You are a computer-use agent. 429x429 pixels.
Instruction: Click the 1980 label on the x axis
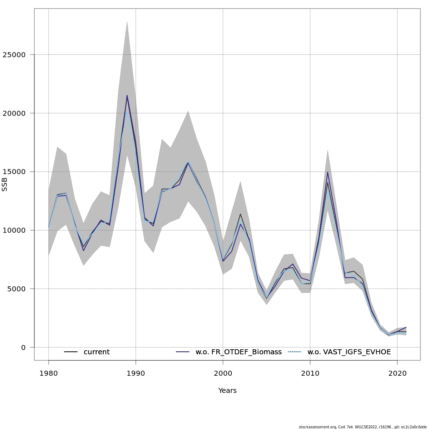[49, 374]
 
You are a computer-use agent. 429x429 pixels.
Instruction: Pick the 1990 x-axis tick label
[136, 374]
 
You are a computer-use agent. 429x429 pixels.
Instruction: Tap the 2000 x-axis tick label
[223, 374]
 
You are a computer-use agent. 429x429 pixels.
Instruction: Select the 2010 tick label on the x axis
[310, 374]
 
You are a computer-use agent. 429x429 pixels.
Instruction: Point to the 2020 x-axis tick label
[397, 374]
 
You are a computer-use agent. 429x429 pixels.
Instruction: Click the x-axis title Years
[227, 391]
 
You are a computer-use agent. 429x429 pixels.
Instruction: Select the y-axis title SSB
[5, 184]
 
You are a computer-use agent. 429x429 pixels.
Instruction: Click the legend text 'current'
[97, 352]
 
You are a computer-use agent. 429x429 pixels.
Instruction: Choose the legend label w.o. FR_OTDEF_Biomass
[238, 352]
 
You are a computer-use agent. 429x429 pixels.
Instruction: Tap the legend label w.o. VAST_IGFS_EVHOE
[349, 352]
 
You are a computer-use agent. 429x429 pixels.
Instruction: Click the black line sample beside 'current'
[71, 352]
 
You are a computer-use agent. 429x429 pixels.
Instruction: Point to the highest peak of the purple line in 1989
[127, 95]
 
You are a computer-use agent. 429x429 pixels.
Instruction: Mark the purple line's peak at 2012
[327, 172]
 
